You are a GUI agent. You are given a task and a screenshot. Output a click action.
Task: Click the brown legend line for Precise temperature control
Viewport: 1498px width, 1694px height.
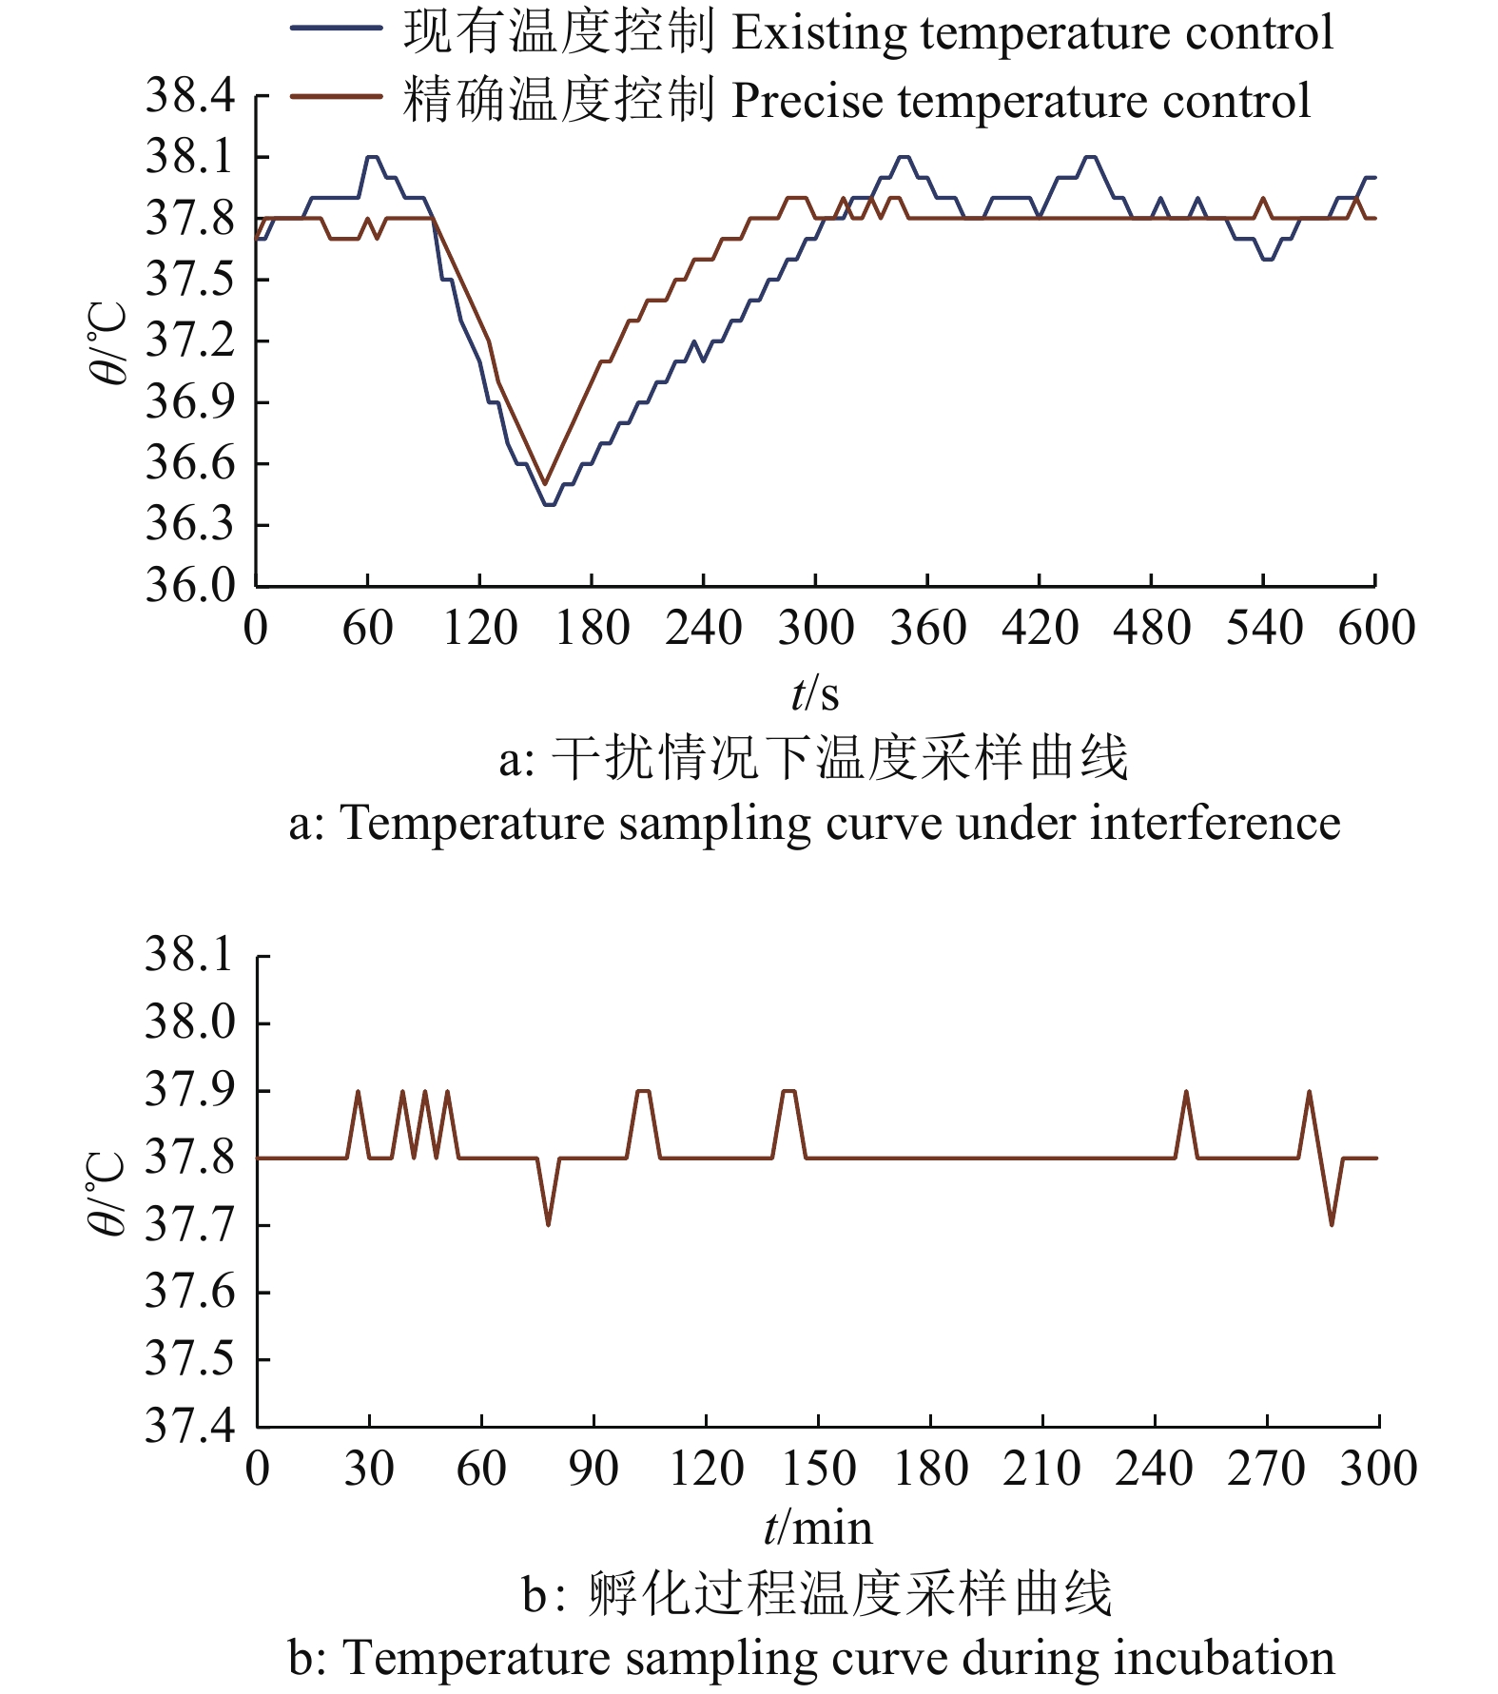[x=335, y=96]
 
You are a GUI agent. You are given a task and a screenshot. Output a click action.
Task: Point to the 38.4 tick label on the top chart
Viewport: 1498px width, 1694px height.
[x=189, y=95]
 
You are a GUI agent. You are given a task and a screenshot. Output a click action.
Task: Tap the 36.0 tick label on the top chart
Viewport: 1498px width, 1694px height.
[x=189, y=585]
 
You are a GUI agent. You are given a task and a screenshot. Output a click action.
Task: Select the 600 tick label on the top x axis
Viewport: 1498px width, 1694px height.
[x=1375, y=629]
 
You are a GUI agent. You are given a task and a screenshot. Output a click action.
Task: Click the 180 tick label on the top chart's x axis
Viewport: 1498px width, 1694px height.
[x=592, y=629]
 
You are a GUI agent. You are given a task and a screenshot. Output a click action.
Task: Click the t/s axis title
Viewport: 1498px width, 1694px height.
[x=815, y=693]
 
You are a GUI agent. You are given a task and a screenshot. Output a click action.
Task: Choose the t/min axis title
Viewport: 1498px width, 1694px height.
[x=818, y=1528]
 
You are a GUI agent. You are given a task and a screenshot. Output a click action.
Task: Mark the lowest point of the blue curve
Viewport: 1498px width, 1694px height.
[x=549, y=504]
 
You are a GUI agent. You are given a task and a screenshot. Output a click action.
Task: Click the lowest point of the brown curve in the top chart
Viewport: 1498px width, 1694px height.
[x=545, y=483]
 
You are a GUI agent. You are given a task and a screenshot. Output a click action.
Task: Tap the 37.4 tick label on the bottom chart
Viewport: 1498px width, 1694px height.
[x=189, y=1426]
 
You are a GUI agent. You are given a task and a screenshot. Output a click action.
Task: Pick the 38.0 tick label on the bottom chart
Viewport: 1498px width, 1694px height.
[x=189, y=1022]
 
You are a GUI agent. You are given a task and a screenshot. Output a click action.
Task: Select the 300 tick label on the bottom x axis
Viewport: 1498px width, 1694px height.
[x=1378, y=1469]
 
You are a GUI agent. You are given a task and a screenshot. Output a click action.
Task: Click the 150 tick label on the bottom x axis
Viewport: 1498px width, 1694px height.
[x=818, y=1469]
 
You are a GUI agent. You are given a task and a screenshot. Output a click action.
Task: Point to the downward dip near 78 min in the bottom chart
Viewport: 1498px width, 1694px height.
[x=549, y=1223]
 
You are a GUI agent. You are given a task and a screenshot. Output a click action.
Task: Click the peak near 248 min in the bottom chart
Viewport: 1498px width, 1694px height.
[x=1186, y=1092]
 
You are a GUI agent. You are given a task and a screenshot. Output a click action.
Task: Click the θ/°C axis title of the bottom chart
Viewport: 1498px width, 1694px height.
[x=107, y=1192]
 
